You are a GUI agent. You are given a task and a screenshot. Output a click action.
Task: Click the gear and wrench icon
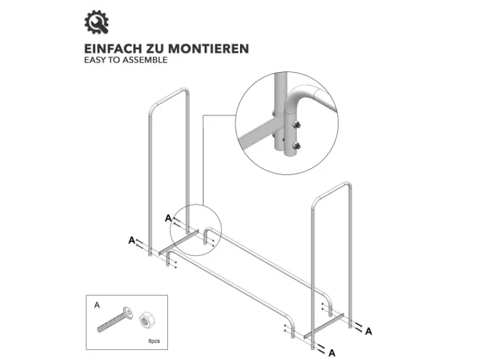(97, 22)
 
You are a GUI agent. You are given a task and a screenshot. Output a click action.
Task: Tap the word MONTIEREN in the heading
(208, 49)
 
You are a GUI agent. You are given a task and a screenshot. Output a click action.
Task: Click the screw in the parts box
(115, 320)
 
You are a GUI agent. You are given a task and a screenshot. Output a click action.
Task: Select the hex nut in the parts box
(148, 320)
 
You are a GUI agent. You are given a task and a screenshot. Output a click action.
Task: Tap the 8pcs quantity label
(154, 341)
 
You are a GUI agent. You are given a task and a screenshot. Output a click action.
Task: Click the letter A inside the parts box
(97, 305)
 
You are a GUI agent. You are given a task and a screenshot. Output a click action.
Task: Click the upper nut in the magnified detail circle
(296, 125)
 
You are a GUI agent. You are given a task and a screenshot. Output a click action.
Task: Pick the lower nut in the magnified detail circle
(296, 145)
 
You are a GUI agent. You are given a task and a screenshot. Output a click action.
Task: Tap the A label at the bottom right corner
(332, 353)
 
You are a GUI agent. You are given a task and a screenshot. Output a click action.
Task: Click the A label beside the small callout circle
(168, 218)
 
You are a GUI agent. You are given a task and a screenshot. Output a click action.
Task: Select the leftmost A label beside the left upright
(131, 241)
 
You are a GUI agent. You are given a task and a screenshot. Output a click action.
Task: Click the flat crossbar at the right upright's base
(324, 326)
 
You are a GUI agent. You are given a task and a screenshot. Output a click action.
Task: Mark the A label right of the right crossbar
(368, 331)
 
